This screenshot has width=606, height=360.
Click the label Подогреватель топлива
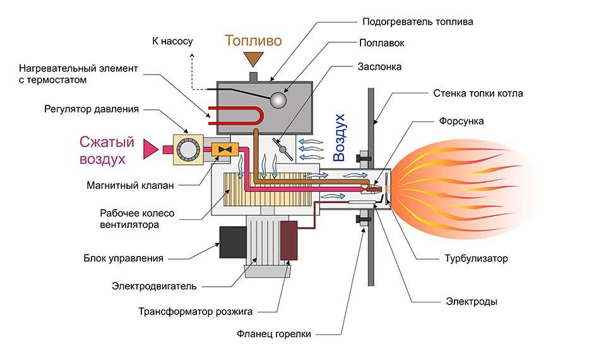coord(417,21)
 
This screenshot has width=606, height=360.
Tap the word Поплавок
coord(381,44)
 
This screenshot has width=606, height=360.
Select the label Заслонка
coord(379,66)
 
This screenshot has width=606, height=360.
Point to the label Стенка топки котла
coord(478,94)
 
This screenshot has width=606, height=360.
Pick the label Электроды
coord(471,302)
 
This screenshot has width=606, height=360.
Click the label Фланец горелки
coord(274,334)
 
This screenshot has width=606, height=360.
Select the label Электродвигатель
coord(155,286)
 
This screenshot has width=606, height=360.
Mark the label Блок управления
coord(124,258)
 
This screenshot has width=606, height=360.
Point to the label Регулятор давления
coord(92,109)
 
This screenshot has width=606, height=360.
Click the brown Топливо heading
coord(253,41)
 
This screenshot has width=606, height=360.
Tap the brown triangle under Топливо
coord(255,59)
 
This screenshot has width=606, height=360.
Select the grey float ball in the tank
coord(276,100)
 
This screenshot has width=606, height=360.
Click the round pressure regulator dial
coord(187,149)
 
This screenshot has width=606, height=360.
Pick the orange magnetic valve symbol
coord(223,149)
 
